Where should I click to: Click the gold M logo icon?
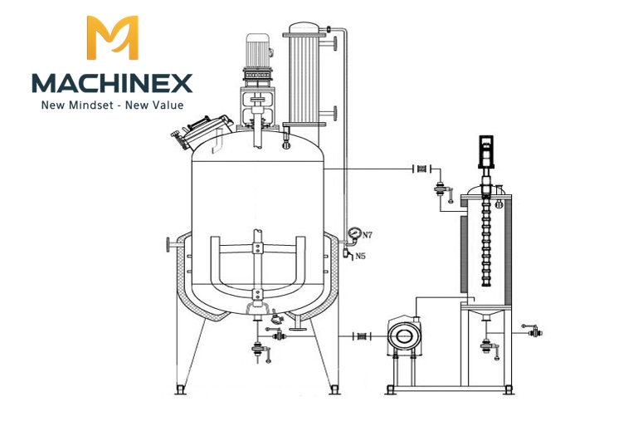click(113, 37)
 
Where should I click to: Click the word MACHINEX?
click(112, 83)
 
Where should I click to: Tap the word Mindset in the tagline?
click(91, 105)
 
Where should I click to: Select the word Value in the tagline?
click(169, 105)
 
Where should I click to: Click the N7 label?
click(367, 235)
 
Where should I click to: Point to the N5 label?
click(361, 256)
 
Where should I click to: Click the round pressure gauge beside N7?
click(354, 233)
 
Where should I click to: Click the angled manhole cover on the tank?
click(202, 131)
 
